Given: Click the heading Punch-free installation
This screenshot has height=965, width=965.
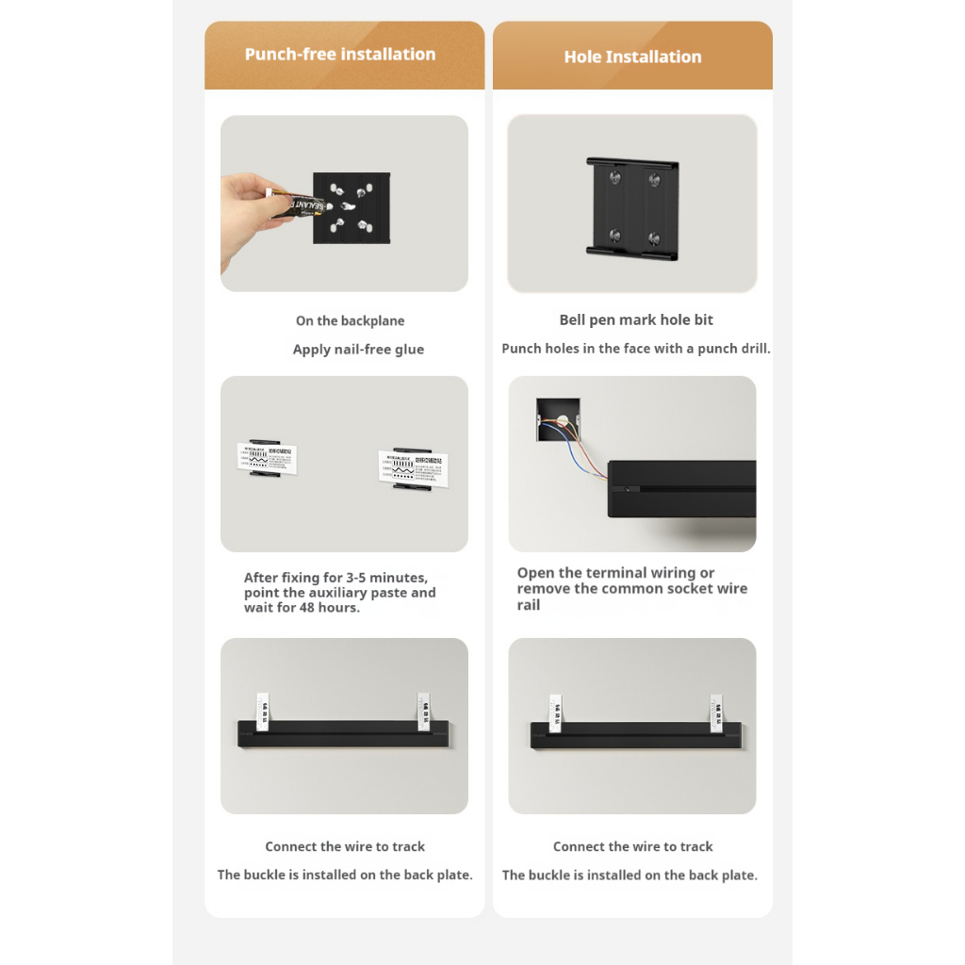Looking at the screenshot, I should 340,55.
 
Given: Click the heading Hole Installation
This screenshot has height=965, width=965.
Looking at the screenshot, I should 632,57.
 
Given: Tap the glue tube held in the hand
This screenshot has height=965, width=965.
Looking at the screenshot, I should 294,204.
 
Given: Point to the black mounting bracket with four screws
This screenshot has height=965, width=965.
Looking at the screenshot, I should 632,206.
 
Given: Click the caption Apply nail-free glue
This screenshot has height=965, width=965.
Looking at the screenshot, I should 358,350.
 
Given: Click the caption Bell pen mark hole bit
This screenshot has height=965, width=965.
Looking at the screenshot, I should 636,320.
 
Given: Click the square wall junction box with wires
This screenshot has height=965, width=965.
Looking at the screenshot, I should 558,420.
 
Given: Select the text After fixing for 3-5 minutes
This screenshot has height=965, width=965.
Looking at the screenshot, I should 335,578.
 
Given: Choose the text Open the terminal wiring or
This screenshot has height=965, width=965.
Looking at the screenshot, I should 615,573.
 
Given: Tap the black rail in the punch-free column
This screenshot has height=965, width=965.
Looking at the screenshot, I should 344,734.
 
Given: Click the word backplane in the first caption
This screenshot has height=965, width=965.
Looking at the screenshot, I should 372,321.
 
